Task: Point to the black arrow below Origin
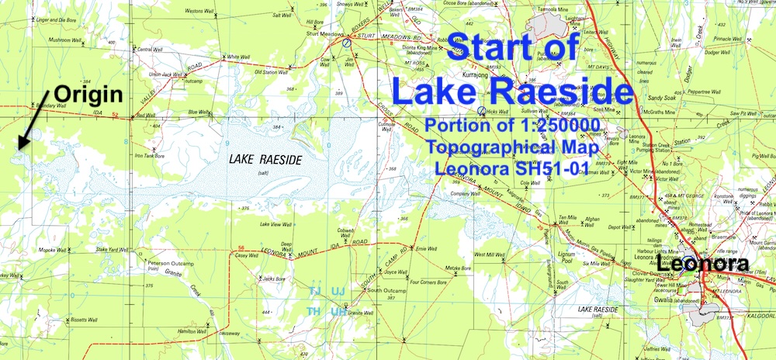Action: point(32,129)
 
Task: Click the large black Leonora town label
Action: point(704,265)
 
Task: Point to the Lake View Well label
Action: point(276,225)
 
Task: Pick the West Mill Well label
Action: point(490,254)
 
